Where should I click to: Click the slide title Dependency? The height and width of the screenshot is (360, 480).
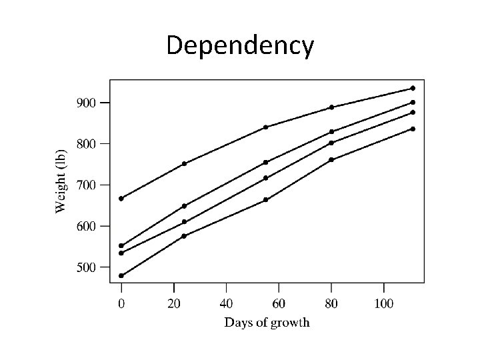point(239,46)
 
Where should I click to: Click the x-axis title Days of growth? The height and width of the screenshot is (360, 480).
point(267,323)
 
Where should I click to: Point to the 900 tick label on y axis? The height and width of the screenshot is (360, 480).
point(86,103)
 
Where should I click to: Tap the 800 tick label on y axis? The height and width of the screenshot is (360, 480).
point(86,143)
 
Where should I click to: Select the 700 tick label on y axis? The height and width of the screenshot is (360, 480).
point(86,185)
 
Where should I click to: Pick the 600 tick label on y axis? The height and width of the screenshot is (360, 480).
point(86,226)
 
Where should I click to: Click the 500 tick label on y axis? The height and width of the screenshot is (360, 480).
point(86,267)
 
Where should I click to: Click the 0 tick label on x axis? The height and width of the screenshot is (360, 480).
point(121,304)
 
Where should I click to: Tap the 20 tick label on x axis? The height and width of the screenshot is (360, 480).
point(173,304)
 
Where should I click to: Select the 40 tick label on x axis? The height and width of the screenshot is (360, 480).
point(226,304)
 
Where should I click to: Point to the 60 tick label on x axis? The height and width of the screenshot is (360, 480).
point(279,304)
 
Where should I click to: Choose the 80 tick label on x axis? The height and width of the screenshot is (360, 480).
point(331,304)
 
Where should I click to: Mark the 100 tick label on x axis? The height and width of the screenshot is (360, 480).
point(383,304)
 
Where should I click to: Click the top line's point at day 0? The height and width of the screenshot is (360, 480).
point(121,198)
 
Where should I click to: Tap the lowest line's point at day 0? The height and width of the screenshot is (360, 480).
point(121,275)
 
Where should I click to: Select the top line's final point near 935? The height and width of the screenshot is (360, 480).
point(413,88)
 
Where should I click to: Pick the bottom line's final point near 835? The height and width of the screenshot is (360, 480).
point(413,129)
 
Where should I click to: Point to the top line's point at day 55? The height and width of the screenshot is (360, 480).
point(265,127)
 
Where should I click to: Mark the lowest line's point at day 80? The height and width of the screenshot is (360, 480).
point(331,159)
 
